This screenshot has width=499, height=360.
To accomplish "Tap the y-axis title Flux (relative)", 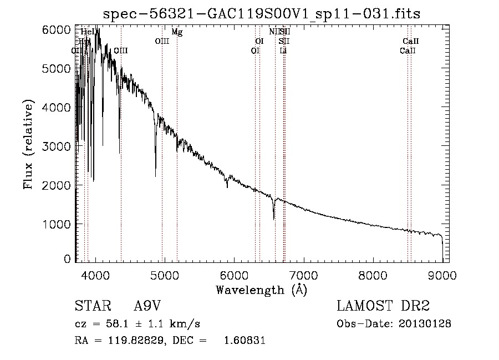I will coord(28,144).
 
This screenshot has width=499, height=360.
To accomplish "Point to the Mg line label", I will coord(177,32).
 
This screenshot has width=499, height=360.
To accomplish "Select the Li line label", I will coord(283,50).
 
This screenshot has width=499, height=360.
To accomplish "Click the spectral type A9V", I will coord(147,306).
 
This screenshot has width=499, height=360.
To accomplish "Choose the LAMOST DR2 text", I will coord(383,306).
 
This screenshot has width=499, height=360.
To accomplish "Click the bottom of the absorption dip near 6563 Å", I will coord(274,219).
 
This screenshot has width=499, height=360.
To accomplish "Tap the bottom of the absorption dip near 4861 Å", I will coord(155,176).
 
